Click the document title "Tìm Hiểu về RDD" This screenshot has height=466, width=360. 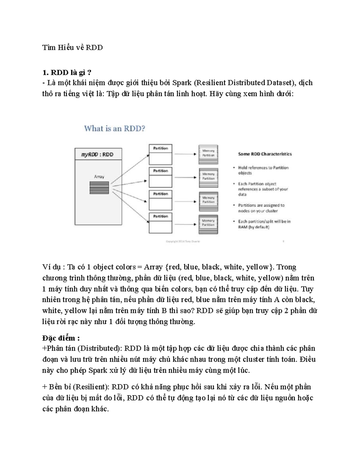click(x=72, y=47)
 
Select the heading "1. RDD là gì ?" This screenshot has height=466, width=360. click(x=67, y=73)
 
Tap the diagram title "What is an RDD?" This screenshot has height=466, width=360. click(x=115, y=128)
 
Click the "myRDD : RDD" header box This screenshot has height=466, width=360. click(x=98, y=155)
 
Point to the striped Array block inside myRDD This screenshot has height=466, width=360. click(x=99, y=188)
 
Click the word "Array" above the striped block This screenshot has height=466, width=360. click(x=99, y=177)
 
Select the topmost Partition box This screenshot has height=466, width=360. click(x=160, y=154)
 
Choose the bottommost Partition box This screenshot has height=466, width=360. click(x=160, y=223)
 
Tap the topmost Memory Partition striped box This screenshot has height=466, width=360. click(x=208, y=155)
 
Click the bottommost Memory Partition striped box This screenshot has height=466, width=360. click(x=208, y=224)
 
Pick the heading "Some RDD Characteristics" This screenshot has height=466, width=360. click(x=265, y=154)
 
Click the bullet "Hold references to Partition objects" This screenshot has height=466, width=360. click(x=263, y=170)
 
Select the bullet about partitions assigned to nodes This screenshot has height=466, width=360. click(x=261, y=208)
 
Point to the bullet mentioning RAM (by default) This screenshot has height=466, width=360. click(x=264, y=224)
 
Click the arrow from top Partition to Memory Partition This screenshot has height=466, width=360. click(x=185, y=154)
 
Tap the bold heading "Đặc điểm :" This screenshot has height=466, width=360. click(x=61, y=338)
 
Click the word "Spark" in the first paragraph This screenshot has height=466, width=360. click(x=181, y=83)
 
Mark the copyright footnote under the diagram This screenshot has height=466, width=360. click(x=183, y=241)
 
